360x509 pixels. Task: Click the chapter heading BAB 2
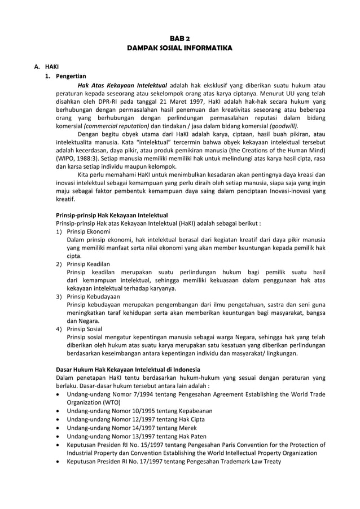tap(179, 38)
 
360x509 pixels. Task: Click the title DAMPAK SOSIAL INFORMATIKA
tap(179, 49)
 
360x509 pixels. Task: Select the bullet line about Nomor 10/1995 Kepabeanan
tap(139, 411)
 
